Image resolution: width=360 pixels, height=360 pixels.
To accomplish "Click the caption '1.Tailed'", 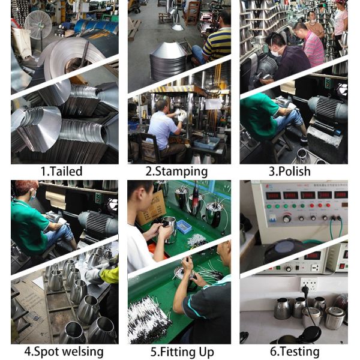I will click(61, 171).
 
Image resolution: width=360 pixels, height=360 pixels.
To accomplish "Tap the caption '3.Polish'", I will click(291, 171).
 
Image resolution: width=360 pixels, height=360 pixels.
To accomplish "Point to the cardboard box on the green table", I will click(151, 208).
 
